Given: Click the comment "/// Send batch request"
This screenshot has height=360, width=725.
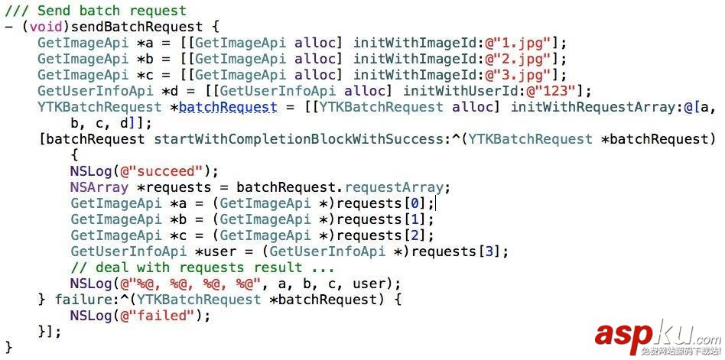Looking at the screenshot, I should pos(96,11).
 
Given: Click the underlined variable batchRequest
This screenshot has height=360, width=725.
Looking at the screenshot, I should pos(227,107).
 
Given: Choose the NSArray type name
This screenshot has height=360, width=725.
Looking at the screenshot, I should pos(95,187).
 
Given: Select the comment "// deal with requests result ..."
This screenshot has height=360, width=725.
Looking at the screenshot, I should pos(202,268).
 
